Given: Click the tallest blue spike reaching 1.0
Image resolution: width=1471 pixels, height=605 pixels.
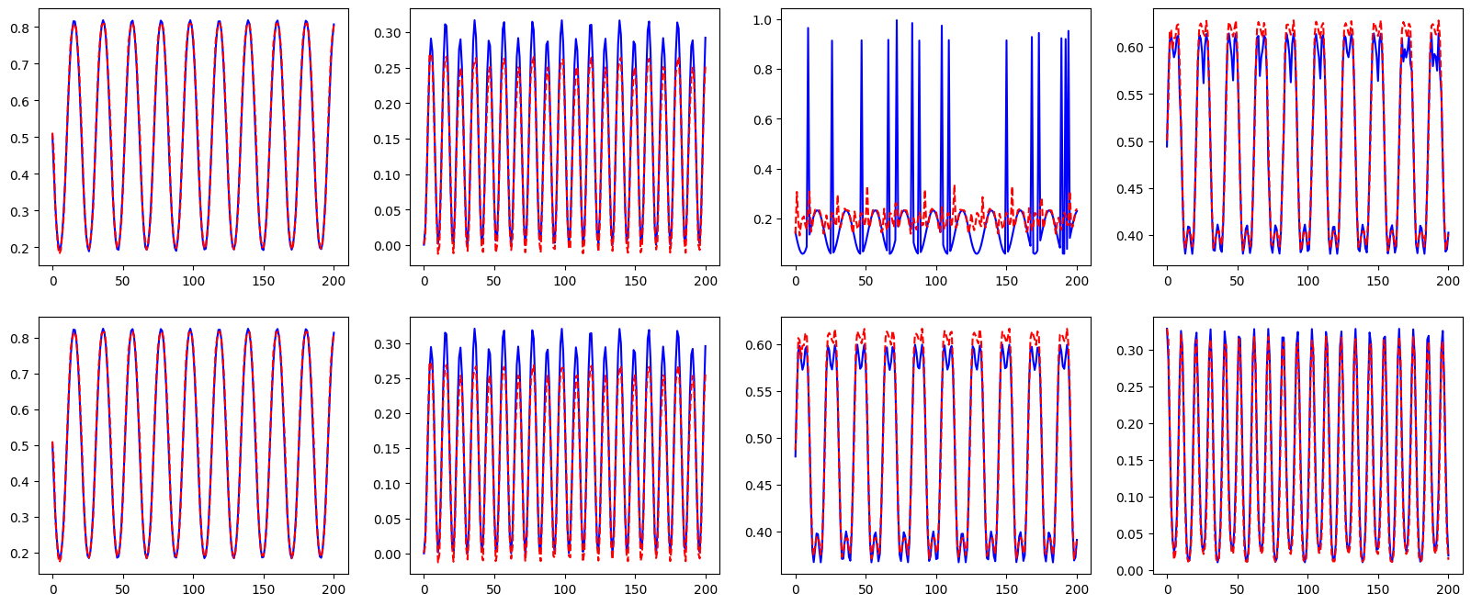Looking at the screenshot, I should pos(897,22).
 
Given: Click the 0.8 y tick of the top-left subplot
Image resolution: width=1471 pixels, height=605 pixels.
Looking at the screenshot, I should pos(21,28).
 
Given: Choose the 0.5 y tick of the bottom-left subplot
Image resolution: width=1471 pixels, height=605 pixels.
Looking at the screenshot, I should pos(21,446).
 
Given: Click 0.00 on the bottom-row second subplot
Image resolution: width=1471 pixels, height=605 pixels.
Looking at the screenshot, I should pos(389,555).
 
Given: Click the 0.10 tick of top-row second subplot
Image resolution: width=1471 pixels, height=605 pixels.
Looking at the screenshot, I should pos(389,175).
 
